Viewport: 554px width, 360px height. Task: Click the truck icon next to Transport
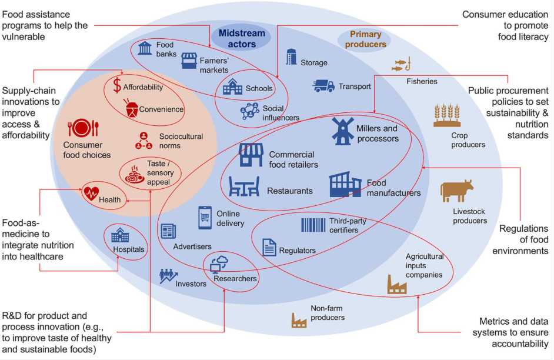[x=323, y=86]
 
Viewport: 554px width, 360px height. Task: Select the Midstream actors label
[x=242, y=38]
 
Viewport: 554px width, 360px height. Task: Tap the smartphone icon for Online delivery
[x=205, y=218]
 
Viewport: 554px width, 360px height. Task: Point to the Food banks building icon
[x=145, y=48]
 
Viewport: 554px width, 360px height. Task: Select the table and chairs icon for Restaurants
[x=243, y=186]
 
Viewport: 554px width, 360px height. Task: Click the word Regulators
[x=297, y=251]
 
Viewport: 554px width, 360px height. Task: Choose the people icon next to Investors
[x=168, y=275]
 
